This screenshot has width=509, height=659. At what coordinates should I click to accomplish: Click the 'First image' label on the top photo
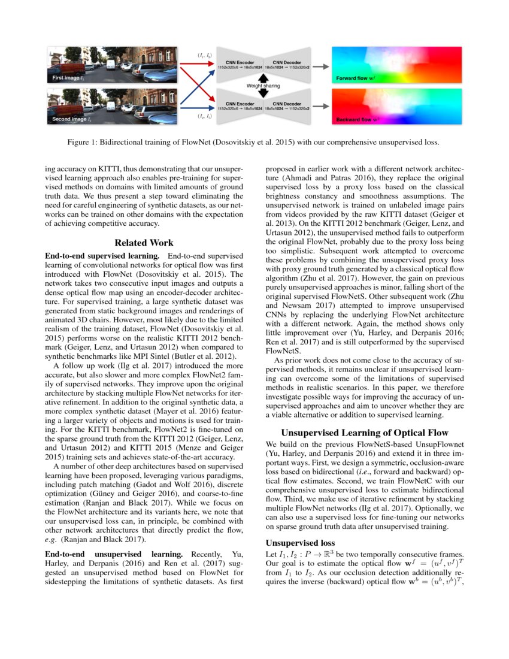pos(66,78)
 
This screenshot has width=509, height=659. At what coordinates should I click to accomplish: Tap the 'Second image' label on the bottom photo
pos(69,120)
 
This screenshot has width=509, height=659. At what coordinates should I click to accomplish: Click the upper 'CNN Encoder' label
pos(240,62)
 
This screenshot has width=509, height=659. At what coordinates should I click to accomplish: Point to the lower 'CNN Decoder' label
pos(287,104)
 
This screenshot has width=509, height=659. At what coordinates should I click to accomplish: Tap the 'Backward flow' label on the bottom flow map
pos(358,120)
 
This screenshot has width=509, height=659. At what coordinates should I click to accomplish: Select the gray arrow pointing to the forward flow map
pos(322,66)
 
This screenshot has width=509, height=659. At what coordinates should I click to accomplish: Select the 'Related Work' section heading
pos(144,243)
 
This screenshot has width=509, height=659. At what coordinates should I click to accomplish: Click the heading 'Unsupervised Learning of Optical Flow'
pos(364,432)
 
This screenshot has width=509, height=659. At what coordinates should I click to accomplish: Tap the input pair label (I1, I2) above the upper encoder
pos(204,56)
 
